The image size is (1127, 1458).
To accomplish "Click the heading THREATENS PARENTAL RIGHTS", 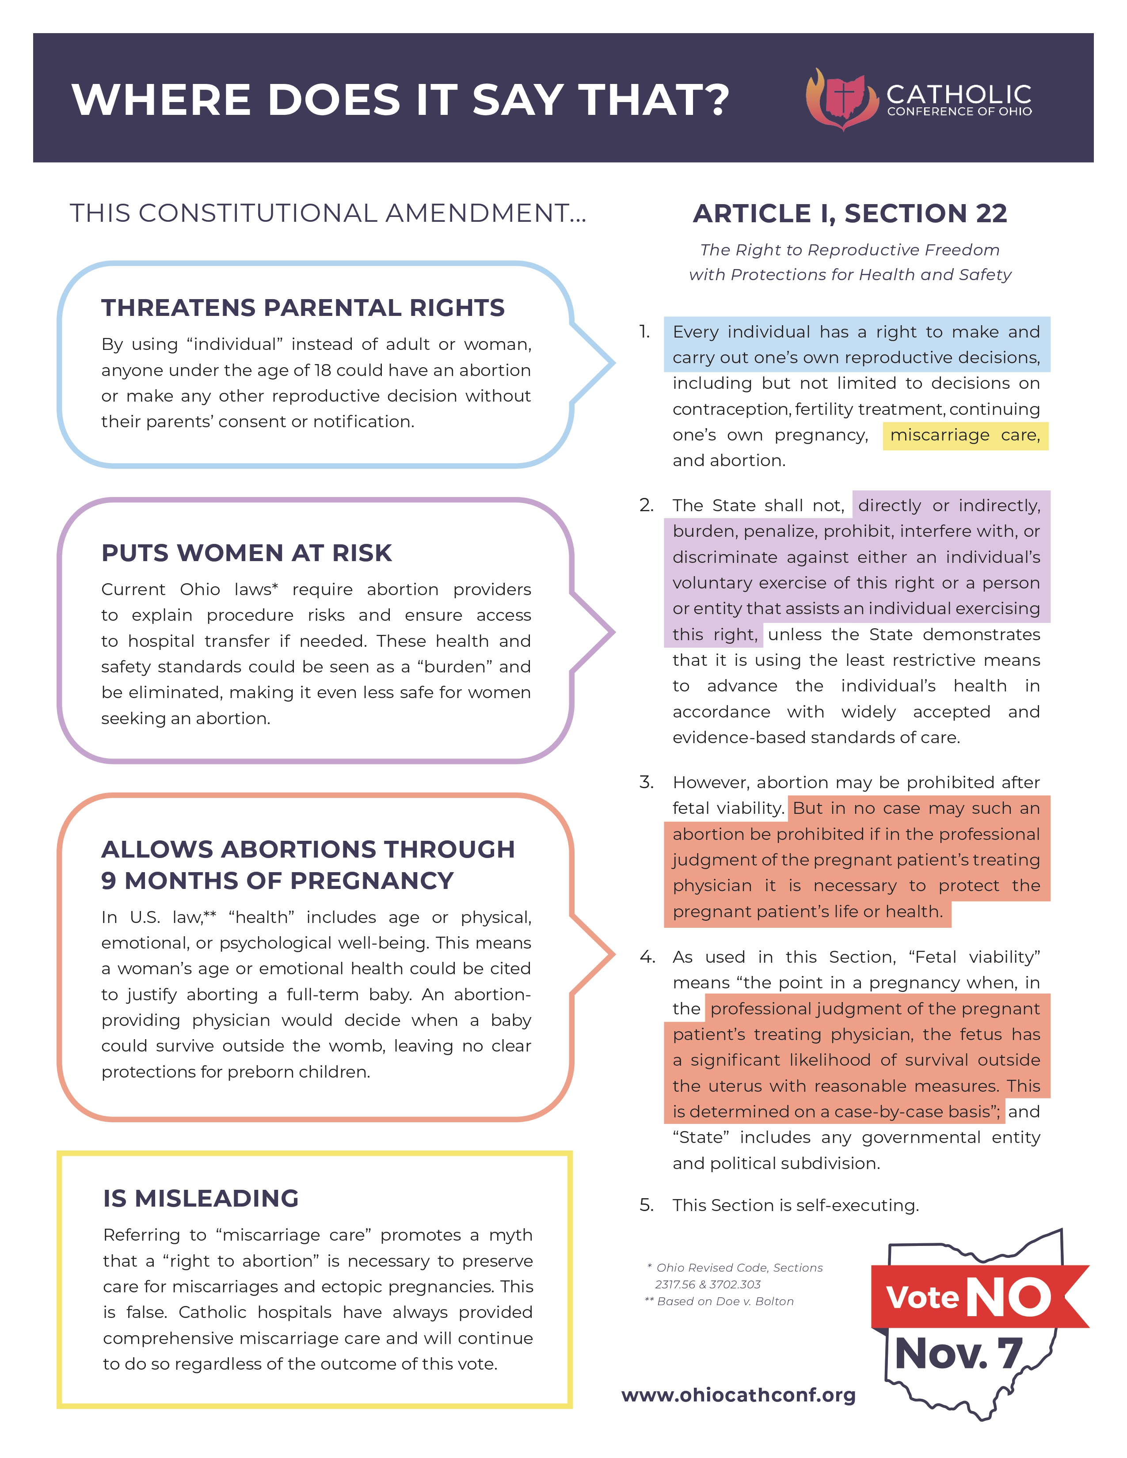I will (x=302, y=308).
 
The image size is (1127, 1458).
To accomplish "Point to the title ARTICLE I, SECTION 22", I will (x=849, y=214).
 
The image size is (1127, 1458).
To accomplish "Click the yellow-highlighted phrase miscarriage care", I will (x=965, y=435).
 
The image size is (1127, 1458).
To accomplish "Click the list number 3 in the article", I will (x=646, y=782).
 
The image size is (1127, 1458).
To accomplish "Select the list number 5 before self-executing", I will (x=646, y=1205).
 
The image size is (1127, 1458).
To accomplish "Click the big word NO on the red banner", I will (x=1008, y=1297).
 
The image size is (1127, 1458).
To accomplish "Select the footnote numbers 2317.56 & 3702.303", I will (x=707, y=1284).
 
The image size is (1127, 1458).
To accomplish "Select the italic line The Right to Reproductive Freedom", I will (x=849, y=250).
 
